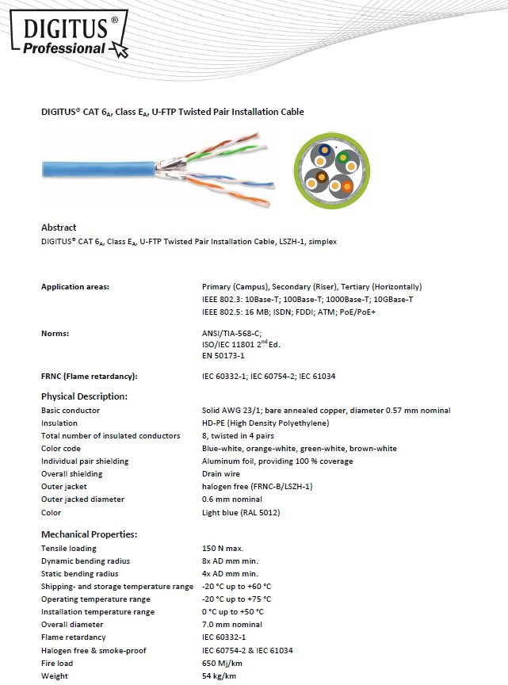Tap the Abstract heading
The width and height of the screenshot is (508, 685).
click(59, 228)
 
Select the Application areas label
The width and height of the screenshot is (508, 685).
click(75, 287)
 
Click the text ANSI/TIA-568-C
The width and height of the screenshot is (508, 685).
click(231, 333)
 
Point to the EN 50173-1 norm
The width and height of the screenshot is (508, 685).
click(223, 356)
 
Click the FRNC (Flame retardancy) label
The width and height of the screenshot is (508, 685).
click(90, 376)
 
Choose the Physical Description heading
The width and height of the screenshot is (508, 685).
click(84, 396)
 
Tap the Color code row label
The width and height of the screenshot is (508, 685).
click(62, 449)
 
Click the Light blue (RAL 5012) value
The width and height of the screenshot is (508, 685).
click(241, 512)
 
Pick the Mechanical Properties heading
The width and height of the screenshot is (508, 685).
click(89, 534)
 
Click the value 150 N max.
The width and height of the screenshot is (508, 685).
click(223, 549)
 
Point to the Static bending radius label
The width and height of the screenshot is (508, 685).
click(80, 574)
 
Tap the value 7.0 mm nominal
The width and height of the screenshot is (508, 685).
click(233, 625)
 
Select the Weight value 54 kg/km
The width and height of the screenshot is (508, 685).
click(219, 675)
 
